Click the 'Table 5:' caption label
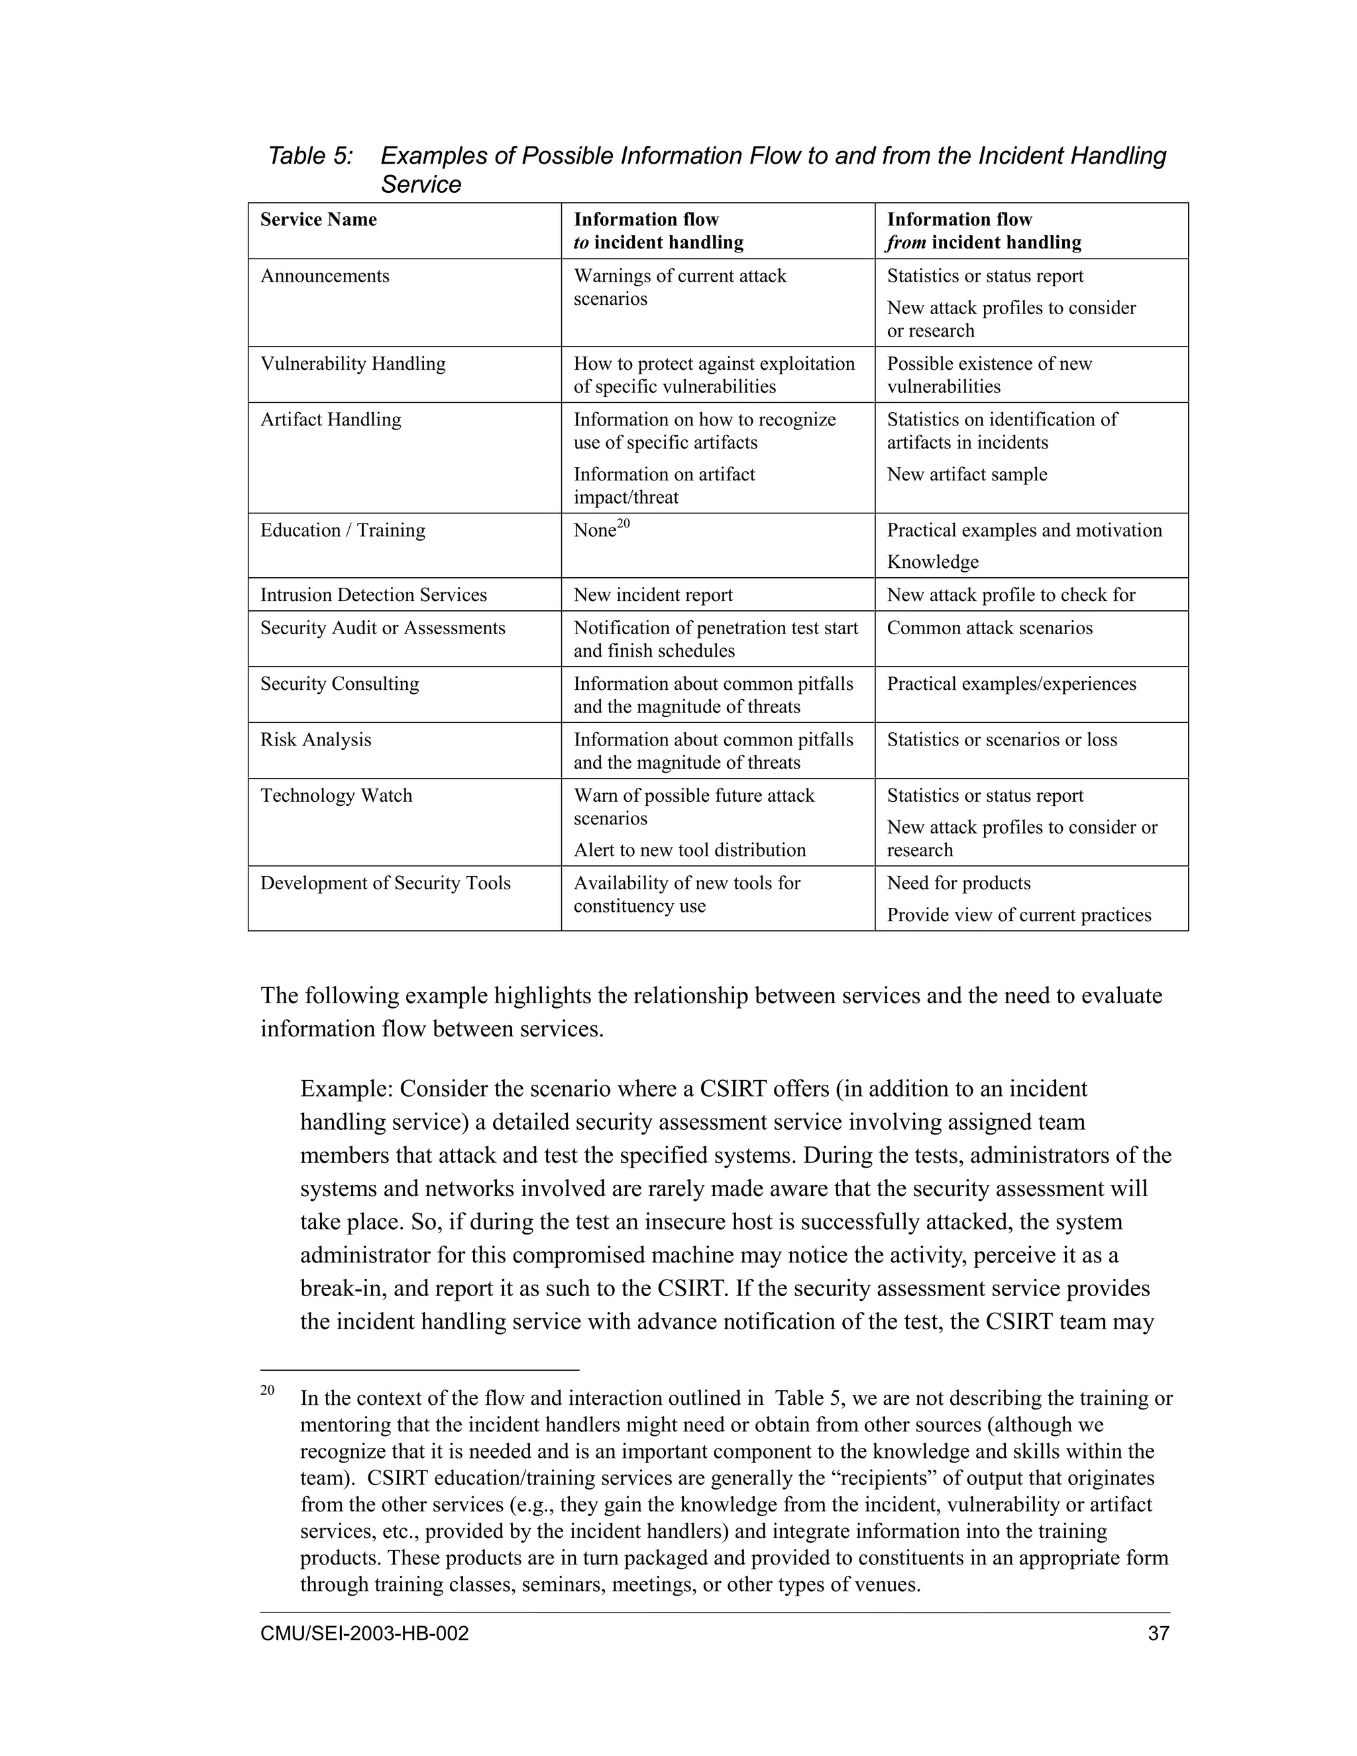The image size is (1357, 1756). point(309,155)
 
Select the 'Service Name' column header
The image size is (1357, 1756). point(318,219)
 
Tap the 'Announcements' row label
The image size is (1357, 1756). point(325,276)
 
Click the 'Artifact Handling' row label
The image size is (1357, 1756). point(331,419)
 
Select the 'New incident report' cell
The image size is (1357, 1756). point(653,595)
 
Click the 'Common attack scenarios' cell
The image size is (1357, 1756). point(990,628)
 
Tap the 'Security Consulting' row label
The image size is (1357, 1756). point(339,685)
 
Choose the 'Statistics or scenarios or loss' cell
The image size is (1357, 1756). point(1002,740)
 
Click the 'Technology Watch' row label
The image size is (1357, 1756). point(336,796)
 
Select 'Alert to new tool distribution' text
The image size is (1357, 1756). point(689,851)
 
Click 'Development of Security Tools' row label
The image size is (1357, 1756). point(385,883)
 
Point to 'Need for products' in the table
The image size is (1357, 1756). point(958,883)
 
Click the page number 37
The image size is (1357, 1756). point(1158,1634)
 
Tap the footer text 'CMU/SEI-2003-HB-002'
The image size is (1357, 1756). point(364,1634)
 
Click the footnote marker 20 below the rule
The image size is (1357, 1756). point(268,1390)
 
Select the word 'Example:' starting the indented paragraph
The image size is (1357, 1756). point(347,1089)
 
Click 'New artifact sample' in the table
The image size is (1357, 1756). point(966,474)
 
